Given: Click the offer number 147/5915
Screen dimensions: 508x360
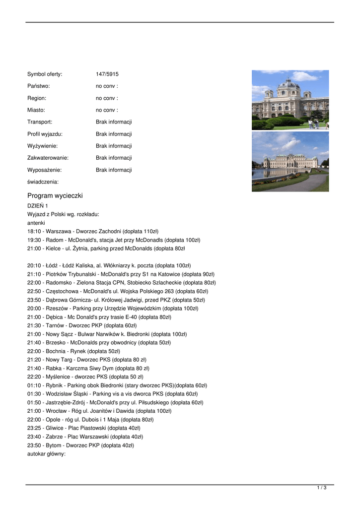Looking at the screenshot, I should tap(107, 74).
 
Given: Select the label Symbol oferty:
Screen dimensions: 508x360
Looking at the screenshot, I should tap(45, 74).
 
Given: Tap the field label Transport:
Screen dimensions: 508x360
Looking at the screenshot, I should tap(40, 122).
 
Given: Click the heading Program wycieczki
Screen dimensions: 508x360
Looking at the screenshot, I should tap(55, 195).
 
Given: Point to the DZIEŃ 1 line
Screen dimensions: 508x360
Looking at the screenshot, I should tap(38, 206).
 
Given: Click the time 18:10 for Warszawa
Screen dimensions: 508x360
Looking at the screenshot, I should tap(34, 231).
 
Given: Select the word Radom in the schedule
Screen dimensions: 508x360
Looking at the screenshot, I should tap(54, 240).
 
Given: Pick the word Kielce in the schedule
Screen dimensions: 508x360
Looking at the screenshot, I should tap(53, 249).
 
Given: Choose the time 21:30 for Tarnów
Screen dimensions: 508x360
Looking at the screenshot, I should tap(34, 325).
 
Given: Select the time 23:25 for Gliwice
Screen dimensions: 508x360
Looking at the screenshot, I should tap(34, 428).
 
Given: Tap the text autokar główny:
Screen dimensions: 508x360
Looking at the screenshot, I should tap(46, 454).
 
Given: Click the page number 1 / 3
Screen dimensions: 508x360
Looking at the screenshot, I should tap(322, 488).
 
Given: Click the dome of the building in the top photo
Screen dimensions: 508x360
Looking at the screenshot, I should tap(289, 83).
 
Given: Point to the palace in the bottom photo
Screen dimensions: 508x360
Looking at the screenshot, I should tap(290, 162).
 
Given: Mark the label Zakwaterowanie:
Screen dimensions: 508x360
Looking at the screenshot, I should tap(48, 158).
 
